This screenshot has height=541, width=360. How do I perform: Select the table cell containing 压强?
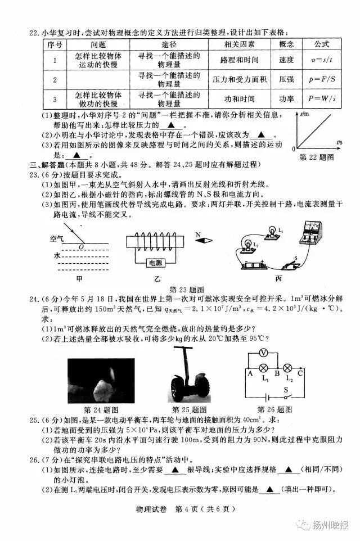tap(286, 80)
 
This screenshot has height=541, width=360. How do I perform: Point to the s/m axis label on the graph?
tap(305, 114)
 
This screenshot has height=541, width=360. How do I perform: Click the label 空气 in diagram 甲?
tap(58, 239)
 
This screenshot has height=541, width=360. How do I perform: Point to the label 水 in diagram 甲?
tap(57, 255)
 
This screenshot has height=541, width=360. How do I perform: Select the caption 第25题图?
tap(189, 409)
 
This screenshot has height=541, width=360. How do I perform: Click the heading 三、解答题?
tap(46, 164)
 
